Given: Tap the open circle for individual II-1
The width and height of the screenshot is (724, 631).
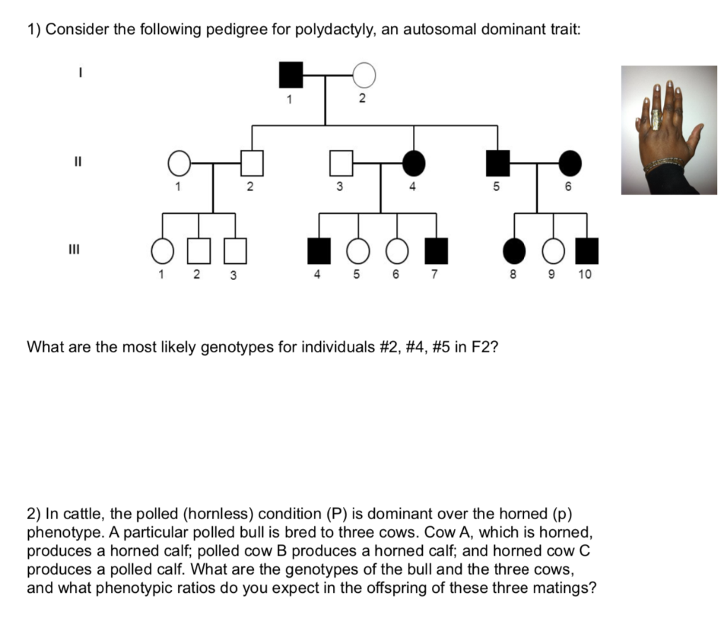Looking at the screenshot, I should (x=180, y=163).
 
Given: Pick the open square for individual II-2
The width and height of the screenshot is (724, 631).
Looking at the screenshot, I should (x=251, y=163).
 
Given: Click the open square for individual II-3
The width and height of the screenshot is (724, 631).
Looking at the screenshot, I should (x=341, y=163).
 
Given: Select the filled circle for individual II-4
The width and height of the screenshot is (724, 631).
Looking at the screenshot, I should (x=414, y=163).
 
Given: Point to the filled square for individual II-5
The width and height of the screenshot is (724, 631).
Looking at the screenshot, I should (x=498, y=163).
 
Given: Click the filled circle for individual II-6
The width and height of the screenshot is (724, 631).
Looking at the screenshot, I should (x=570, y=163).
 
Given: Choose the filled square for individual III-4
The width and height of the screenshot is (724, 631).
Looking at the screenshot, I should (x=320, y=250).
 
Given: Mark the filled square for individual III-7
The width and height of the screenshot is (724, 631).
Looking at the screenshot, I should (x=436, y=250).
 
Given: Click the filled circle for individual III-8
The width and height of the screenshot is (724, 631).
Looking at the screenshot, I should (x=514, y=250).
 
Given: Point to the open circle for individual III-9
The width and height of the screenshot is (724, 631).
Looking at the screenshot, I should (x=553, y=250).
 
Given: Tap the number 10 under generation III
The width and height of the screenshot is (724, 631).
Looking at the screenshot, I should (x=585, y=274).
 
